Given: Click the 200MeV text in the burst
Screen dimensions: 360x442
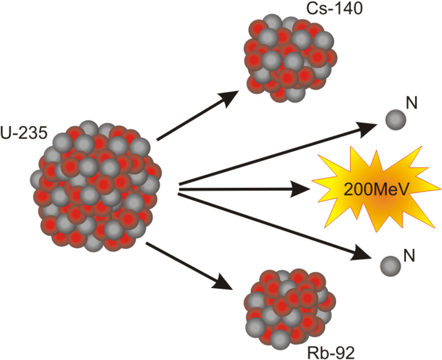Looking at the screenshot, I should (371, 188).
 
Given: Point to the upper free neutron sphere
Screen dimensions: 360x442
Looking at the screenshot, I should (395, 119).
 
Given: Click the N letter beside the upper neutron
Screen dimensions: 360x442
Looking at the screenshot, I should (414, 102).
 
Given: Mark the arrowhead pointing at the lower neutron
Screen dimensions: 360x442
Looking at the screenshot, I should (366, 253).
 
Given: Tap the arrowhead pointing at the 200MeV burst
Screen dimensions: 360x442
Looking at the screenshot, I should (301, 187).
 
